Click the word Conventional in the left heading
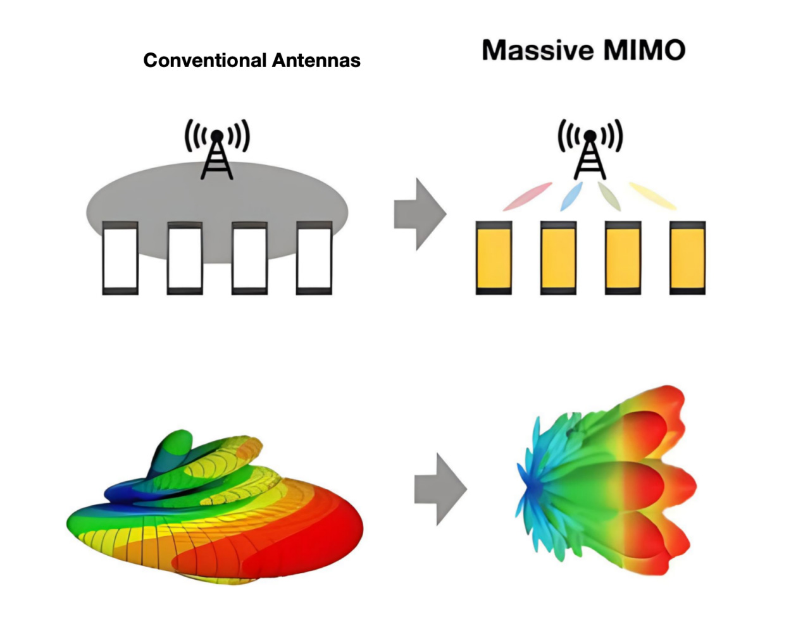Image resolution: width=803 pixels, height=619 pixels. [x=205, y=61]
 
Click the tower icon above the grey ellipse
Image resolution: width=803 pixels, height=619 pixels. [x=217, y=149]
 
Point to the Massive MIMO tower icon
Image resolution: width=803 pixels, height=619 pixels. [x=590, y=149]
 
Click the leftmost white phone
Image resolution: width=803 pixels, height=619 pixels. [x=120, y=258]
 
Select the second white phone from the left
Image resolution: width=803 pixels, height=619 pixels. [x=185, y=258]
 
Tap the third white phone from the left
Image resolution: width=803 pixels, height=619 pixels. [x=249, y=258]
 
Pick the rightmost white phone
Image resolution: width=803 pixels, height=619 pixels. [x=314, y=258]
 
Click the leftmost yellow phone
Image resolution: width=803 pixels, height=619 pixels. [x=494, y=258]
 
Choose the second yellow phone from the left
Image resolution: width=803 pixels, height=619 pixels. [x=558, y=258]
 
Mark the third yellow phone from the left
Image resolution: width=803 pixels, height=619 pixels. [x=623, y=258]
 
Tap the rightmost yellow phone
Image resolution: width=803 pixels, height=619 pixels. [x=687, y=258]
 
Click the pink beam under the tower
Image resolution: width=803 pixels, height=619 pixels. [x=527, y=197]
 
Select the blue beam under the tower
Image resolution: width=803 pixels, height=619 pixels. [x=571, y=196]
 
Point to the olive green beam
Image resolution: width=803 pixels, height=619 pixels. [x=609, y=196]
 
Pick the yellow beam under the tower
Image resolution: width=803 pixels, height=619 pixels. [x=652, y=196]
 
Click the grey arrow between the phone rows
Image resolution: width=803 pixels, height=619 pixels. [x=420, y=214]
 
